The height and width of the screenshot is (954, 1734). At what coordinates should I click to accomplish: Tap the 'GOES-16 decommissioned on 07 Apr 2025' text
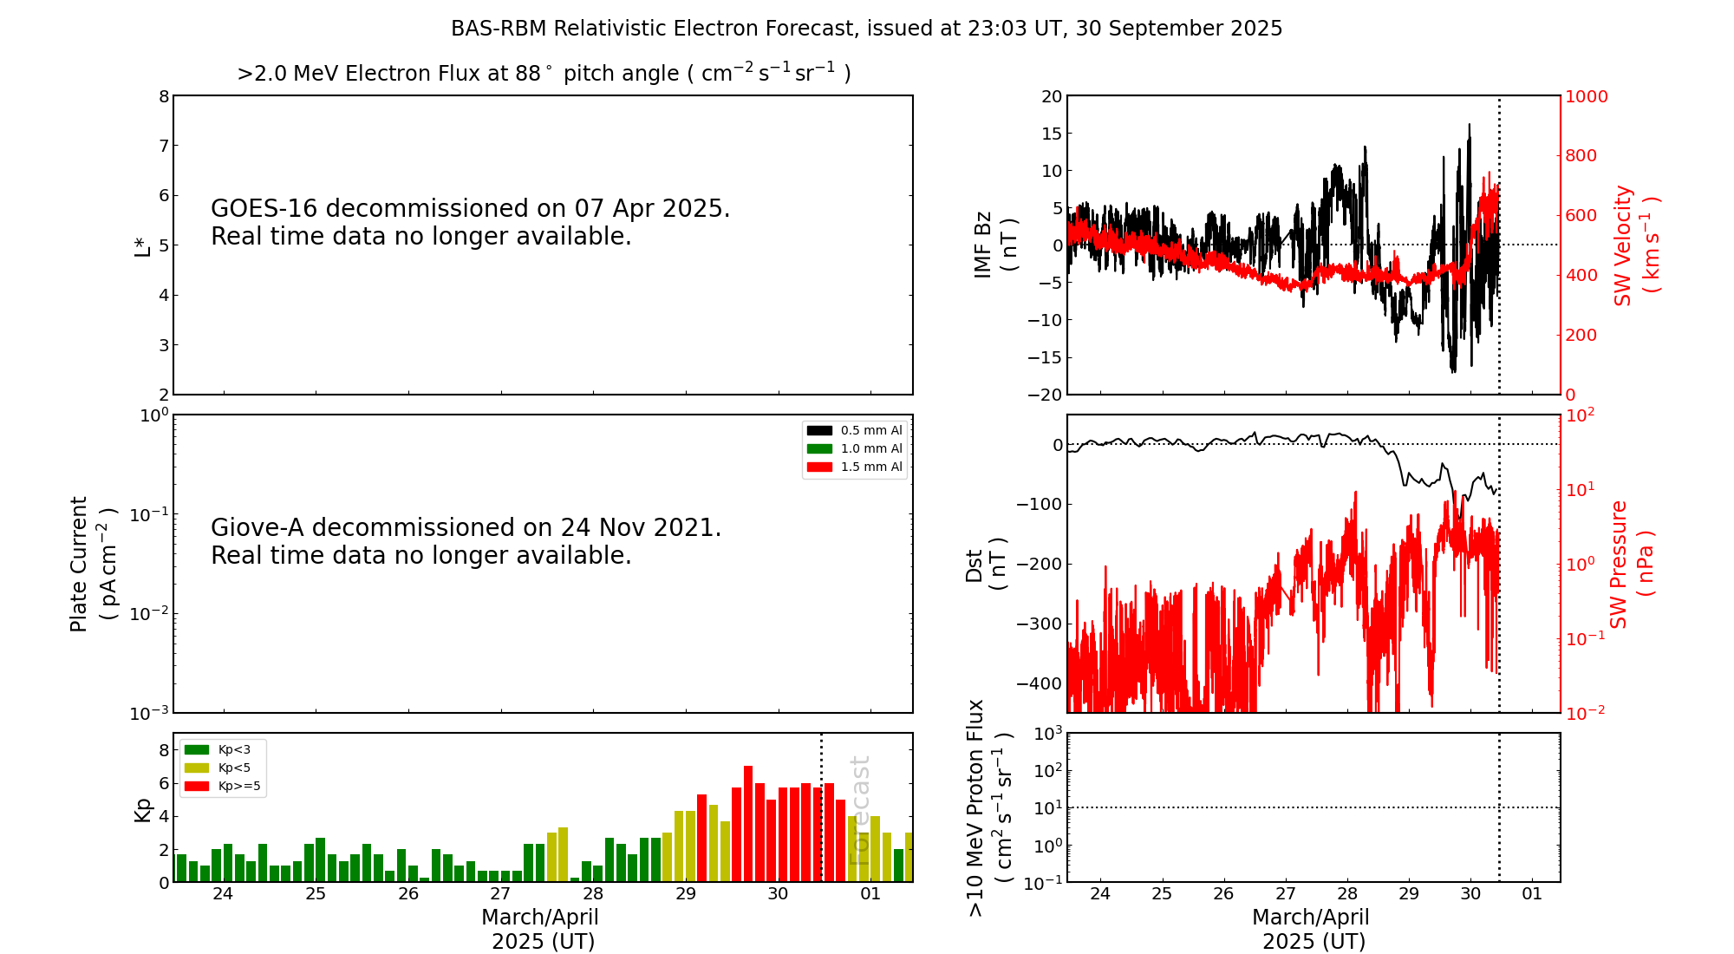click(x=470, y=209)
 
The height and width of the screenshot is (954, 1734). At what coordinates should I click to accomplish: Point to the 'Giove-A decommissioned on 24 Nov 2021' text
click(x=466, y=528)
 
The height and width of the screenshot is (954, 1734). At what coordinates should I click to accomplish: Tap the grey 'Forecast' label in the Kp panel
click(x=859, y=810)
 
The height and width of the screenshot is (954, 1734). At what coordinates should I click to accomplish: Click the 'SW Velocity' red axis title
click(x=1623, y=245)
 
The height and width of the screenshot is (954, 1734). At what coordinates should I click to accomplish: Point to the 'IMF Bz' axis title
click(x=983, y=245)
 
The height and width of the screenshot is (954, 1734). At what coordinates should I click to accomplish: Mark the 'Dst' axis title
click(x=975, y=565)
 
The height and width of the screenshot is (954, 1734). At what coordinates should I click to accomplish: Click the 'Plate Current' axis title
click(x=79, y=564)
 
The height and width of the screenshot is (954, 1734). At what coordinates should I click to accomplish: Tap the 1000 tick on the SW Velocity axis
click(x=1586, y=96)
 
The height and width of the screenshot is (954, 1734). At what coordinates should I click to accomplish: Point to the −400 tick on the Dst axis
click(x=1040, y=683)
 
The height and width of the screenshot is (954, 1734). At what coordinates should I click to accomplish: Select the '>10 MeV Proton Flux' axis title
click(x=976, y=807)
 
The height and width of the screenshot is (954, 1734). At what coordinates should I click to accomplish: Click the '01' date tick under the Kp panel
click(x=870, y=894)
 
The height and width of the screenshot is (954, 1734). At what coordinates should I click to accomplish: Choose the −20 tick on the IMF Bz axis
click(x=1045, y=395)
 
